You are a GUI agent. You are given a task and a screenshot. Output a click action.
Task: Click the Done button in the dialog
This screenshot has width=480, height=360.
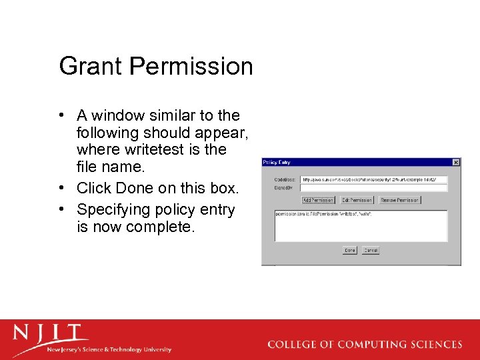click(x=350, y=251)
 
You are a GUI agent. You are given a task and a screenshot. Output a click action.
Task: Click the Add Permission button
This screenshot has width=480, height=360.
click(x=318, y=200)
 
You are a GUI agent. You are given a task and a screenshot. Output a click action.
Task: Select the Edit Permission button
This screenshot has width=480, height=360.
click(x=357, y=200)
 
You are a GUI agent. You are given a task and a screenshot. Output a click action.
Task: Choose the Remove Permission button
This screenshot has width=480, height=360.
click(x=400, y=200)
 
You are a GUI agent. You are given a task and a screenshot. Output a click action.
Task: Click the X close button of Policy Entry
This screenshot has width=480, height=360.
click(x=456, y=162)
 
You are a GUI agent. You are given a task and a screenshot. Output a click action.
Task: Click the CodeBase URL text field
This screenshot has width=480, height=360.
click(x=373, y=179)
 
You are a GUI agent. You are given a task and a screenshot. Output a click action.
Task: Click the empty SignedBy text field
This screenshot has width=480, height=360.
click(x=373, y=188)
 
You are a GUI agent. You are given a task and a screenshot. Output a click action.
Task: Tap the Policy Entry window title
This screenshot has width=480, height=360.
click(x=277, y=162)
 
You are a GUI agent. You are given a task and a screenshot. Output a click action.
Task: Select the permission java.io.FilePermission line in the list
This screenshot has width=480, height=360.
click(x=324, y=214)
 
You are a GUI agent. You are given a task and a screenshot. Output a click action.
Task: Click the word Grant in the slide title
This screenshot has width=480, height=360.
click(x=91, y=67)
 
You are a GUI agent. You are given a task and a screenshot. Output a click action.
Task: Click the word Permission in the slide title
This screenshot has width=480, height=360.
click(x=191, y=67)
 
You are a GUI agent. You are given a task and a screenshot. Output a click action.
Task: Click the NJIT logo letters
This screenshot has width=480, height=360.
click(x=49, y=333)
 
